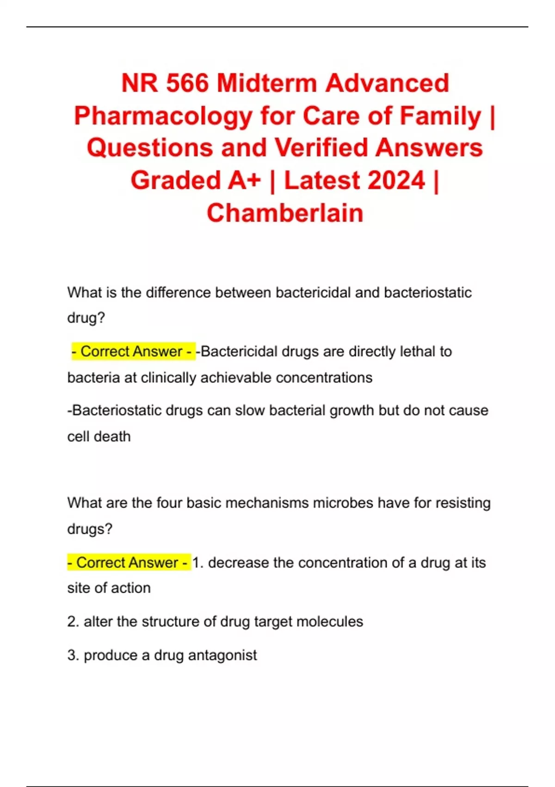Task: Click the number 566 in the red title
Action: [x=187, y=83]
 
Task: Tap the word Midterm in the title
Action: [x=267, y=83]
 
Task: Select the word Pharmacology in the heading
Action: [x=163, y=116]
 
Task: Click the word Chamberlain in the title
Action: [x=285, y=213]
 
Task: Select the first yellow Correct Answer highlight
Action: [x=132, y=351]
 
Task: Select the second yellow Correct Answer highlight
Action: [x=129, y=562]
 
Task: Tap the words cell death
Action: [x=99, y=437]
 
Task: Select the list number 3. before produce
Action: [x=73, y=656]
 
